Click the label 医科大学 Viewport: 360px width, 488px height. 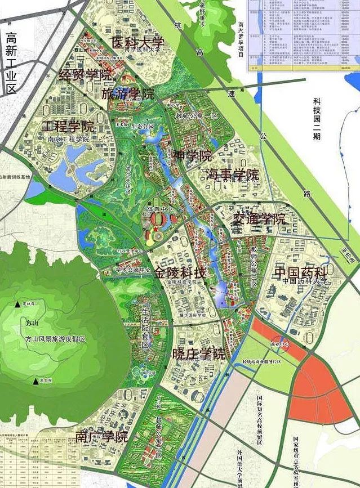[x=137, y=42]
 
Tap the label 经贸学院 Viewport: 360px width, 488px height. [x=86, y=74]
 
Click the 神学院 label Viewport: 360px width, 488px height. [x=192, y=156]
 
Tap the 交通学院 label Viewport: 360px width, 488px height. [x=259, y=219]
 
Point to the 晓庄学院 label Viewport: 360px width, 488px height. [x=198, y=354]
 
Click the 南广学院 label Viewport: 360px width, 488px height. [x=101, y=436]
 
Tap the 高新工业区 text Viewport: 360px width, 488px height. [x=11, y=63]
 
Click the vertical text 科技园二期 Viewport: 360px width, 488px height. [x=317, y=119]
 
